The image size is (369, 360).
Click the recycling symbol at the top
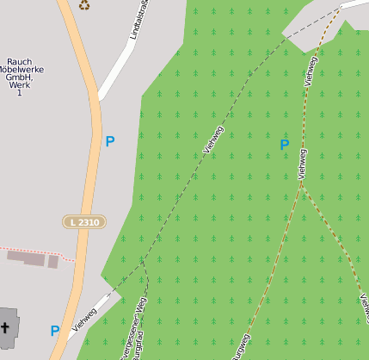point(84,5)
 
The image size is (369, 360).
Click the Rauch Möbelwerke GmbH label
point(25,72)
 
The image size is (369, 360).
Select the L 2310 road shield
point(84,222)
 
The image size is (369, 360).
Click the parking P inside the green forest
point(285,145)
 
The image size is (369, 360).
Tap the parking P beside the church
point(55,331)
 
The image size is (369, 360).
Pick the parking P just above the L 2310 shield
point(109,140)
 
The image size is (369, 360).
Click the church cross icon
point(5,327)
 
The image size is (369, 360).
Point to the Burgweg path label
point(240,347)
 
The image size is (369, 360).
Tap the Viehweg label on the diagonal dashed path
point(212,140)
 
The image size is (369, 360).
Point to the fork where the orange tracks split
point(301,185)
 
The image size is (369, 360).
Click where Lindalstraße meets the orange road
point(100,98)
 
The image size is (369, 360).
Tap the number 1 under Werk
point(19,93)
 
